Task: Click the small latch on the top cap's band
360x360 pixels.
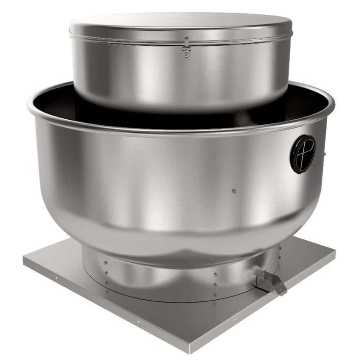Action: click(x=186, y=46)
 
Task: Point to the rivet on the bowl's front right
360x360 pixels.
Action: click(x=234, y=191)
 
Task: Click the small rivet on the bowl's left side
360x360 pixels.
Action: click(x=67, y=179)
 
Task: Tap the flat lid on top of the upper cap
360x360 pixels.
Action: click(x=180, y=22)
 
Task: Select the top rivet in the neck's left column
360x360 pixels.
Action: click(x=105, y=263)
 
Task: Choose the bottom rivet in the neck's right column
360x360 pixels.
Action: click(x=215, y=295)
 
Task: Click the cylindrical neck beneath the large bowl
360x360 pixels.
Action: click(x=157, y=274)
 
